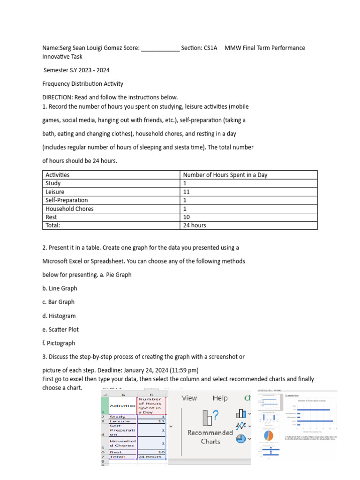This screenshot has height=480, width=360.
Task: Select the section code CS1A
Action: (210, 48)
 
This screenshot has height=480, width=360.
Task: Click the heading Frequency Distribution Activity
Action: (82, 84)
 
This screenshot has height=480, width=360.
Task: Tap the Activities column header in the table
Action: (57, 175)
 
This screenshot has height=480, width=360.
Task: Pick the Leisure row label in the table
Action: (55, 192)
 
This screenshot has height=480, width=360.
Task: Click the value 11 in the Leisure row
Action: (186, 192)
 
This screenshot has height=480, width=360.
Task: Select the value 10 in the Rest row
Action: (186, 217)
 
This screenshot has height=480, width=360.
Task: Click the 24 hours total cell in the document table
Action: (195, 225)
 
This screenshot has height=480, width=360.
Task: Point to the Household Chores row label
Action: (69, 209)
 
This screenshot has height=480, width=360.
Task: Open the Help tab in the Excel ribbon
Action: (220, 398)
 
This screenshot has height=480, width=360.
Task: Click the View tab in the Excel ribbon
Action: (189, 398)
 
